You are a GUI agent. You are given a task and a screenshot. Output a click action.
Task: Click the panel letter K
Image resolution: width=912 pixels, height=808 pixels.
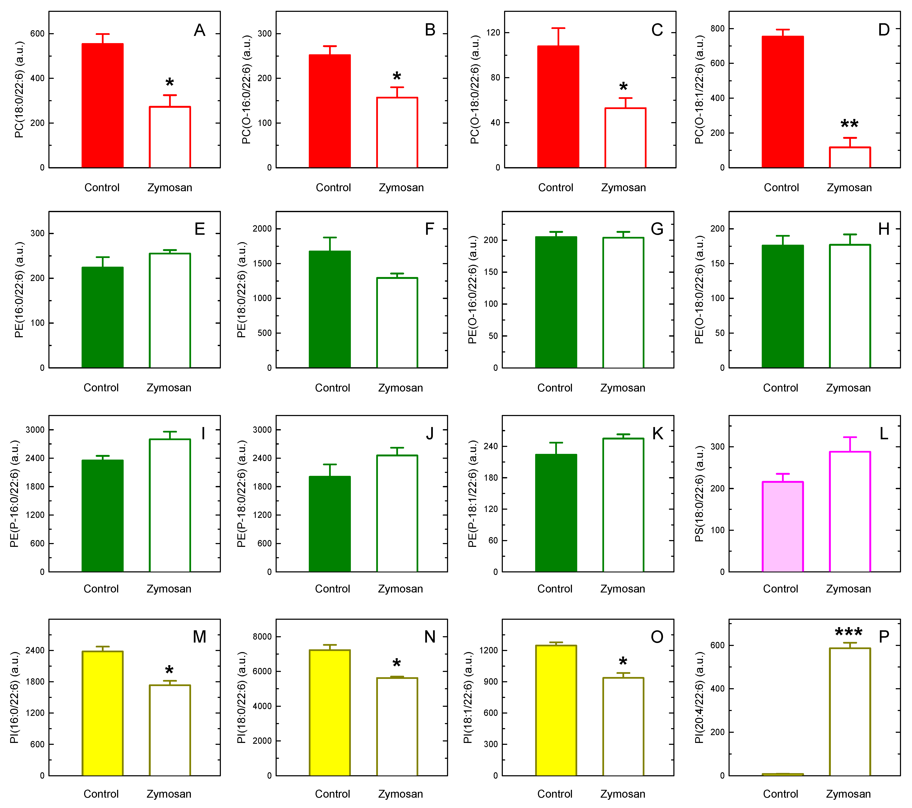[x=657, y=433]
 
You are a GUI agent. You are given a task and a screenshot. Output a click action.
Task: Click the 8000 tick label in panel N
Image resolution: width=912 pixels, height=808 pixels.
[x=262, y=637]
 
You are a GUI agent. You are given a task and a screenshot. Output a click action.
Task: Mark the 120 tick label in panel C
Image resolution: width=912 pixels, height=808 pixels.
[x=493, y=33]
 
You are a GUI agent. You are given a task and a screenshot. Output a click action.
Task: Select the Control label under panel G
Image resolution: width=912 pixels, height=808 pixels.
[x=555, y=388]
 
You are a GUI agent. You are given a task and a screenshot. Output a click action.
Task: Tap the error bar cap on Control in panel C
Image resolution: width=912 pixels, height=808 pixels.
[x=558, y=28]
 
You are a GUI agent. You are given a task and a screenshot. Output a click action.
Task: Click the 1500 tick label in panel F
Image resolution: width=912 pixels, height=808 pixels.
[x=262, y=263]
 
